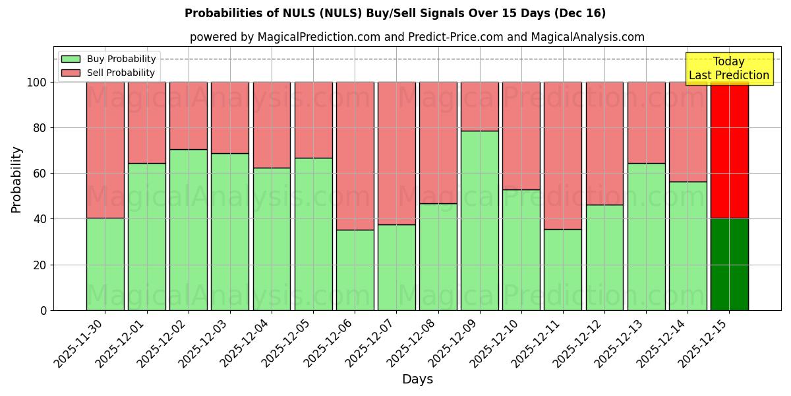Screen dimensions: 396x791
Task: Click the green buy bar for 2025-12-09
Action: (x=479, y=220)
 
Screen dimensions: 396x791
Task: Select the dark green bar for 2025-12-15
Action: (x=729, y=264)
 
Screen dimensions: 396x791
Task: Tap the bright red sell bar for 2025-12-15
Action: (x=729, y=150)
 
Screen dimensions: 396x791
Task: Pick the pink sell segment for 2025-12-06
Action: (x=355, y=156)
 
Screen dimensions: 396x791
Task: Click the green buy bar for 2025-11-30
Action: (x=105, y=264)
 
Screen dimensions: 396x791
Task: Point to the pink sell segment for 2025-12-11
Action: (x=563, y=156)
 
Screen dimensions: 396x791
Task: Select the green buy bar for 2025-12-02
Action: (x=189, y=230)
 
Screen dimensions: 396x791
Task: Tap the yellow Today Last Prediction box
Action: (x=728, y=69)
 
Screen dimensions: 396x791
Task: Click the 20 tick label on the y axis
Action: (x=40, y=265)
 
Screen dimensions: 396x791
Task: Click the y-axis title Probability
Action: (x=16, y=180)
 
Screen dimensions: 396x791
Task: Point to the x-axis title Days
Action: (x=417, y=379)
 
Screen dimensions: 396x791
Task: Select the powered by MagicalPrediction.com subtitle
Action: (x=417, y=37)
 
